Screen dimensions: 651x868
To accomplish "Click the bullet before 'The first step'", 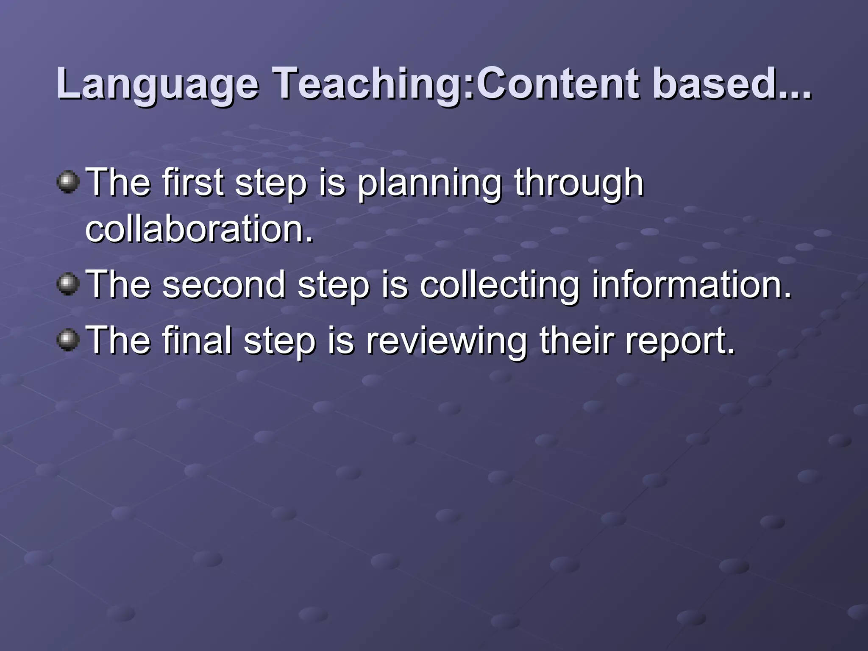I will pos(68,183).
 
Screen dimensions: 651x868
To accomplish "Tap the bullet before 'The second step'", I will pos(68,284).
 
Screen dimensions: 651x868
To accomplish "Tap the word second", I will pos(223,284).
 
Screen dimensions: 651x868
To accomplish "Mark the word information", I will pos(691,284).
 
